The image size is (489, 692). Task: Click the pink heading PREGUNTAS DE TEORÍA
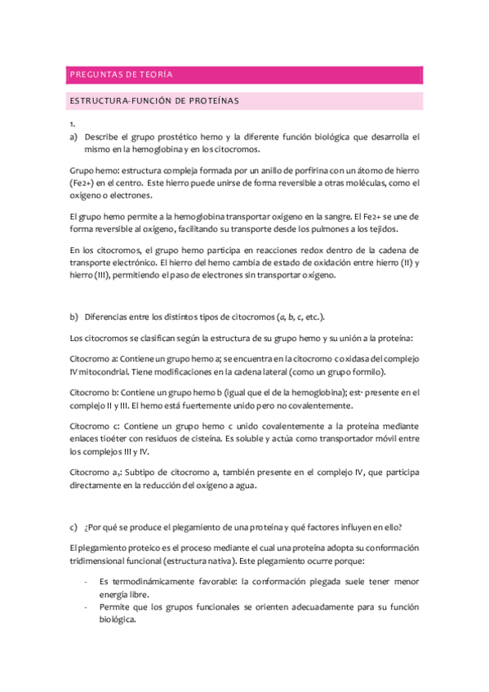120,75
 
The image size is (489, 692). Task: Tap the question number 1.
73,124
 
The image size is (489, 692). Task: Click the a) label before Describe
73,137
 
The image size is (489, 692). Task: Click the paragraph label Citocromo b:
96,393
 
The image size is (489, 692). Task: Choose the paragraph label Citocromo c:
96,426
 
